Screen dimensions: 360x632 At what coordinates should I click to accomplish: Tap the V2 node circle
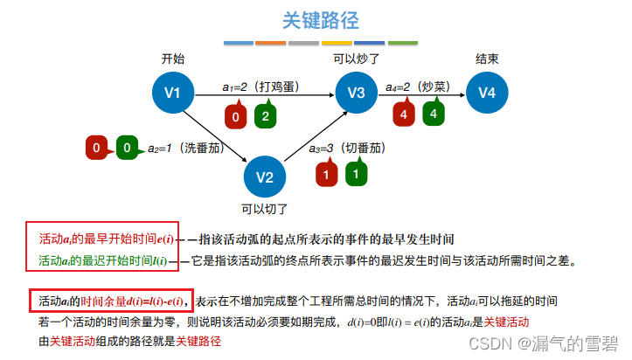click(265, 176)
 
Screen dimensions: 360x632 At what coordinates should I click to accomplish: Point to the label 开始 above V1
click(173, 59)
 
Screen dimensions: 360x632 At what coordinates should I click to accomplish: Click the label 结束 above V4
click(487, 59)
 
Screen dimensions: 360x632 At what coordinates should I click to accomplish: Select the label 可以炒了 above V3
click(356, 59)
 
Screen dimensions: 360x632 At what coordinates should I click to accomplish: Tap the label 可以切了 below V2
click(264, 209)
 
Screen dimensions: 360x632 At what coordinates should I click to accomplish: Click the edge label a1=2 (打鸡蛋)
click(261, 87)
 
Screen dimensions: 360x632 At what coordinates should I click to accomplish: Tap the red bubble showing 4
click(403, 114)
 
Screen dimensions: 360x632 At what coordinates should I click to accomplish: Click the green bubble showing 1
click(354, 175)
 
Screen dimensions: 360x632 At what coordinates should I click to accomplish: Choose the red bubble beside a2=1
click(97, 149)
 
